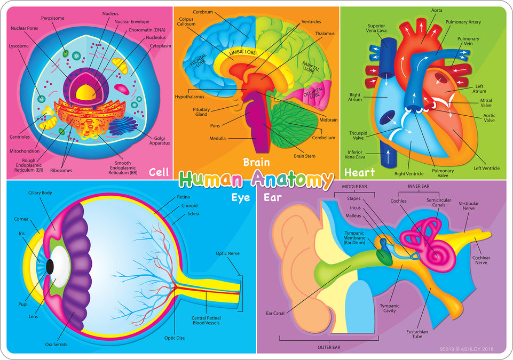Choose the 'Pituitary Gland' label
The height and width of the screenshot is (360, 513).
point(202,111)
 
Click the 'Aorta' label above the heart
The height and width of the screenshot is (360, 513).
point(437,10)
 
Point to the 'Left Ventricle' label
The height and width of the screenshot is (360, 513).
point(486,169)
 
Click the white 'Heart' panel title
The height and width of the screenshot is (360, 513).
point(359,172)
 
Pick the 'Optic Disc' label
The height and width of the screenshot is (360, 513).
point(175,337)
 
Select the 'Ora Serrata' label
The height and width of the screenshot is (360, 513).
point(56,345)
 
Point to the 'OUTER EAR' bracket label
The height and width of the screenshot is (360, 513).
point(329,347)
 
